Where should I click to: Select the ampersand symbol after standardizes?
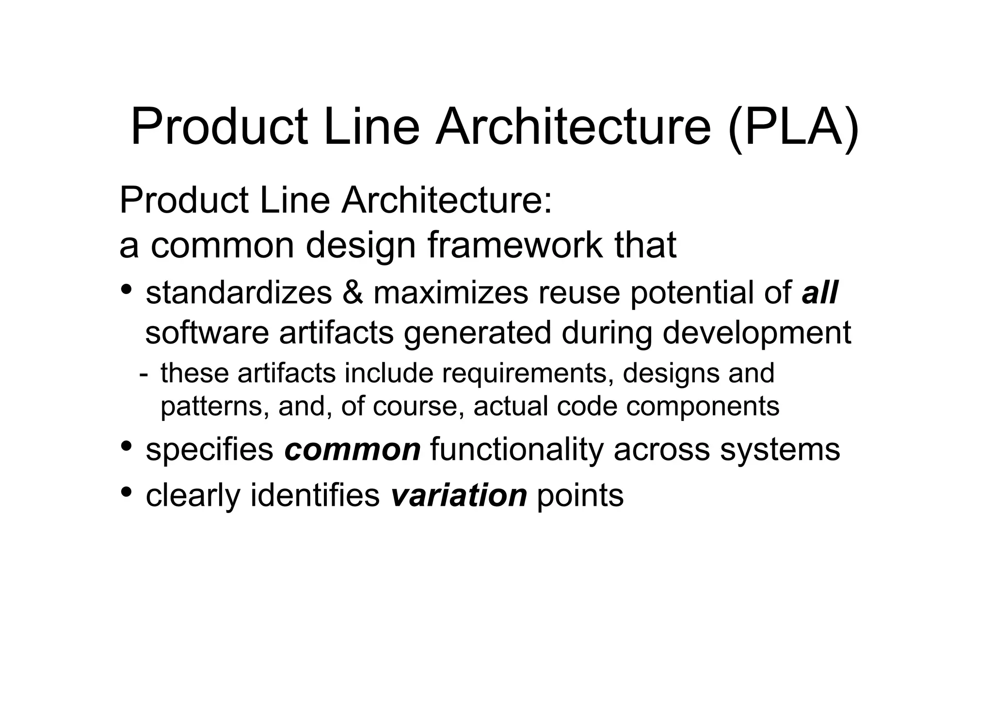coord(352,293)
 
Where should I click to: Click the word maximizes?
coord(450,293)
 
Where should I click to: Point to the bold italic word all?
coord(820,293)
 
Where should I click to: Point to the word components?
coord(703,406)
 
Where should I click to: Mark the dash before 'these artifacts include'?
coord(143,374)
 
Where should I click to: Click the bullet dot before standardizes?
coord(127,289)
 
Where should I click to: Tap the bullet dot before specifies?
coord(127,445)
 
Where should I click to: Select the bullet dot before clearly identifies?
coord(127,492)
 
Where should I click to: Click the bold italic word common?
coord(352,450)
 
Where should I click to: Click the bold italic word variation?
coord(459,496)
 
